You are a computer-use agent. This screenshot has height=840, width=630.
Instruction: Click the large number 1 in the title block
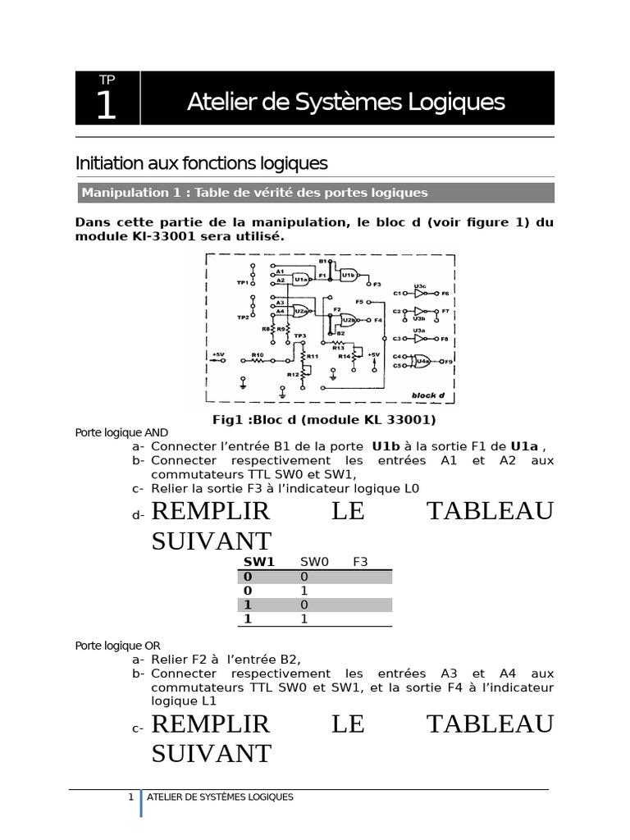pyautogui.click(x=107, y=106)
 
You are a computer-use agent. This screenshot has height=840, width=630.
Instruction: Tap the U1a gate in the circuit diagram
pyautogui.click(x=300, y=279)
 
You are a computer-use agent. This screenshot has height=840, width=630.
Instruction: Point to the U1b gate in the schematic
pyautogui.click(x=349, y=273)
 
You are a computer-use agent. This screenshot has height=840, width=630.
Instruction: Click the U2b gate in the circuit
pyautogui.click(x=348, y=319)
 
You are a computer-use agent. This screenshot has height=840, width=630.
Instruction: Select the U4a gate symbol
pyautogui.click(x=423, y=360)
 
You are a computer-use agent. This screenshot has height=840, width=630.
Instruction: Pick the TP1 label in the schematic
pyautogui.click(x=242, y=283)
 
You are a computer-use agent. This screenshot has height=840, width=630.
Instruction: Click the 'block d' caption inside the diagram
pyautogui.click(x=428, y=395)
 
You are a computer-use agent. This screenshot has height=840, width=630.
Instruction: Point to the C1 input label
pyautogui.click(x=396, y=293)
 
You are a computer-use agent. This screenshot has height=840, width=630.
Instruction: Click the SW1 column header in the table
pyautogui.click(x=258, y=562)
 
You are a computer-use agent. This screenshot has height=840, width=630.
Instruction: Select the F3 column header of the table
pyautogui.click(x=360, y=562)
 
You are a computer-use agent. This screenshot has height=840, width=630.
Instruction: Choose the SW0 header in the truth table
pyautogui.click(x=313, y=562)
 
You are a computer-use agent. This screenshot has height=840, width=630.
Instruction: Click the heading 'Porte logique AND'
pyautogui.click(x=121, y=432)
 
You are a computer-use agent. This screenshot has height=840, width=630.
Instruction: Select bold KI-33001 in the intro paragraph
pyautogui.click(x=156, y=236)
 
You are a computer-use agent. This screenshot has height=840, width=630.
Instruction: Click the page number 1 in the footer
pyautogui.click(x=131, y=797)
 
